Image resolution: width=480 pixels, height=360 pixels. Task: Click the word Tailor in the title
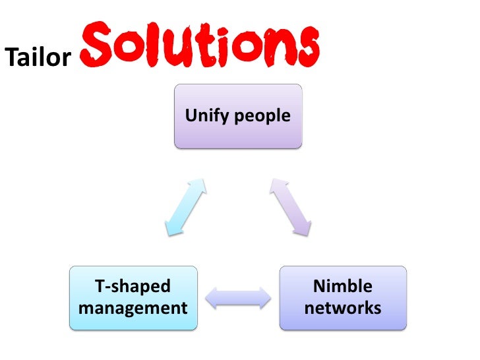[x=38, y=58]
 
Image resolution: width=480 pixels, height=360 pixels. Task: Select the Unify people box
[x=238, y=115]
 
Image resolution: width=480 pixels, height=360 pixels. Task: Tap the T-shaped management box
[x=133, y=297]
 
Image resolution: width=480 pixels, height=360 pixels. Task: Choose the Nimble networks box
[x=343, y=297]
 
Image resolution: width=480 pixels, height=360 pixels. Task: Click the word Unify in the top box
[x=203, y=116]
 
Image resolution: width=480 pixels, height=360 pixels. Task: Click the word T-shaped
[x=133, y=286]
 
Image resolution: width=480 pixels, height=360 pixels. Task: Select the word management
[x=133, y=308]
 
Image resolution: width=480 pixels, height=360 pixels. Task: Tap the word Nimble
[x=343, y=286]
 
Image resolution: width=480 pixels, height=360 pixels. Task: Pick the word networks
[x=343, y=308]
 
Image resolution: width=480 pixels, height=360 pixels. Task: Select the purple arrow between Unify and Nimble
[x=291, y=205]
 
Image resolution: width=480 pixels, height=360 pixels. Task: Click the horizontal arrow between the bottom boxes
[x=238, y=297]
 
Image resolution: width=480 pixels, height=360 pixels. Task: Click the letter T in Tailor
[x=11, y=58]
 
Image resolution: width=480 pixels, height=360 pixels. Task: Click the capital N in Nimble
[x=319, y=286]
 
